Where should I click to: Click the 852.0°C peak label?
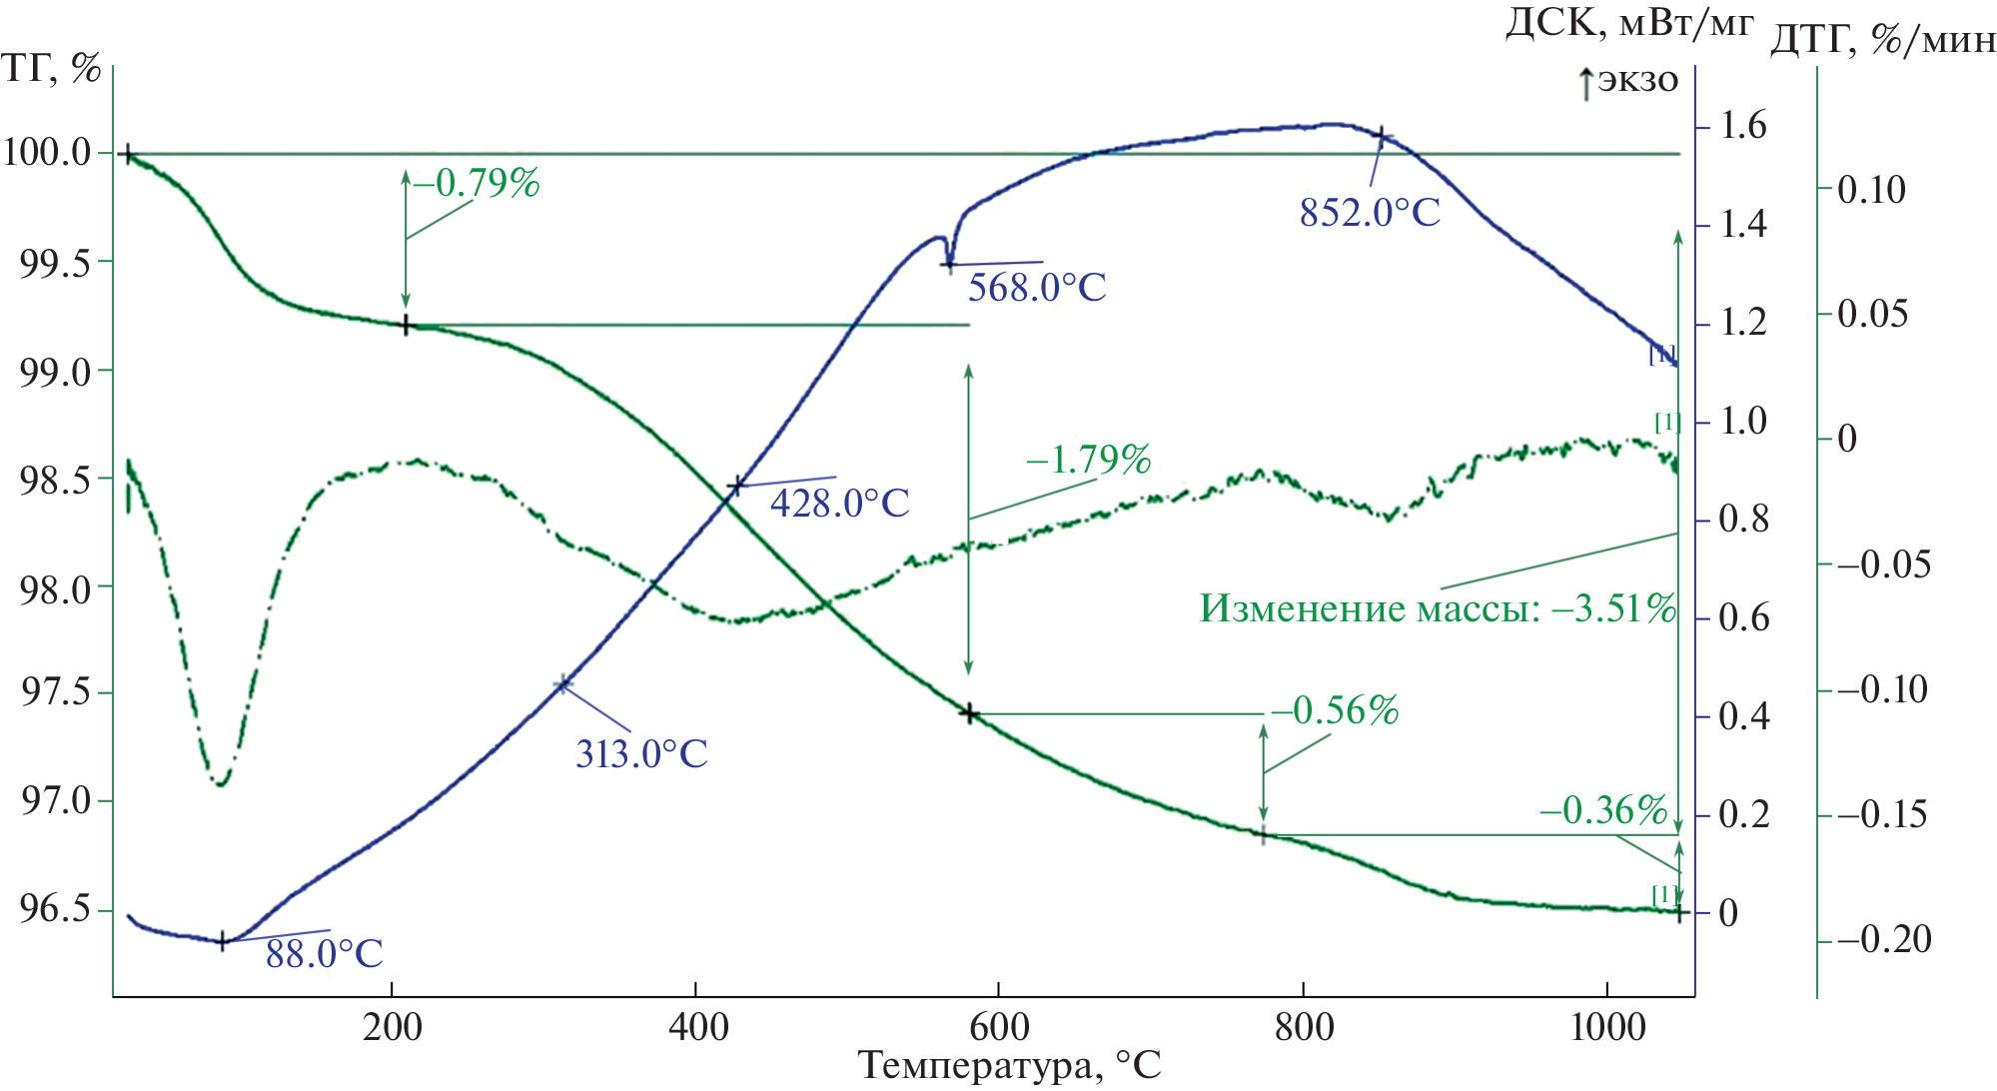pos(1370,213)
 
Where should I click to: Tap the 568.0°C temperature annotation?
pos(1037,288)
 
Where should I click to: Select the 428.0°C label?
pos(839,503)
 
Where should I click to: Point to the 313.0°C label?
pos(641,753)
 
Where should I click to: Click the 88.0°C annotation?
pos(324,954)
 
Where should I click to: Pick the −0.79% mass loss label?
pos(477,183)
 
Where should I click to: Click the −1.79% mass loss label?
pos(1088,460)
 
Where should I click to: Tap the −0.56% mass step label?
pos(1335,710)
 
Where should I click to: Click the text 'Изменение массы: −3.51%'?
pos(1437,607)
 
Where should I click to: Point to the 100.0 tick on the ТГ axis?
pos(47,153)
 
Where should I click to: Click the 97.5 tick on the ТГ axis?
pos(55,691)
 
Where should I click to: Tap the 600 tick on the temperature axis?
pos(998,1027)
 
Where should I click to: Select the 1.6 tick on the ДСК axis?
pos(1742,126)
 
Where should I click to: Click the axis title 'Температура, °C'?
pos(1009,1065)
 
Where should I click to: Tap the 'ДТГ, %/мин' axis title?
pos(1882,40)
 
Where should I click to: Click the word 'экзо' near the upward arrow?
pos(1638,80)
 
